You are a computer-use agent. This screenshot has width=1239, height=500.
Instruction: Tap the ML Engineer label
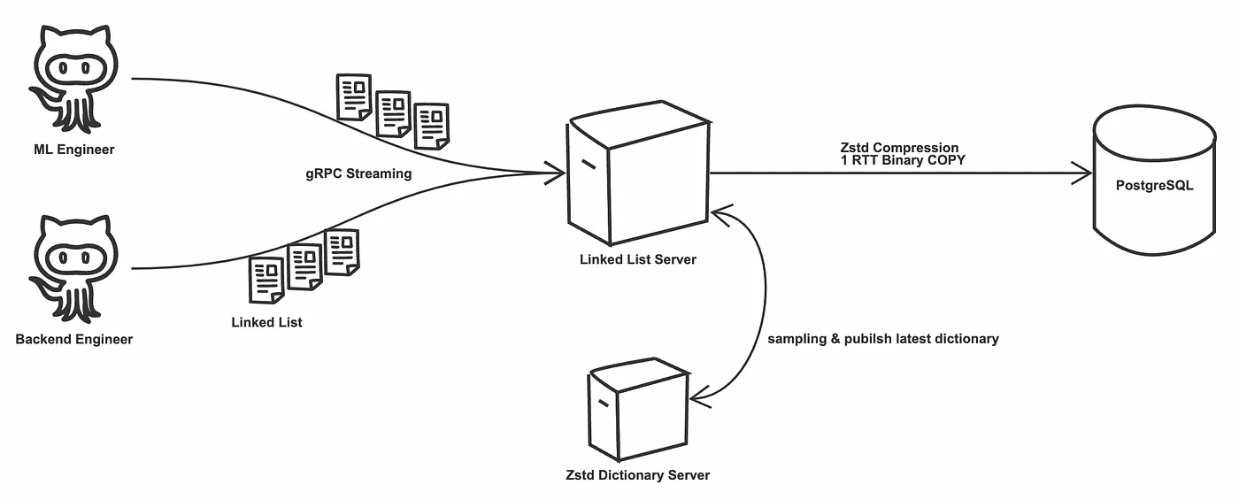74,149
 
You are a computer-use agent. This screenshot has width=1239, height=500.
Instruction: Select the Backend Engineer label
74,339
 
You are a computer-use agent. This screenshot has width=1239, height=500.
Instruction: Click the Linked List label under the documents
266,322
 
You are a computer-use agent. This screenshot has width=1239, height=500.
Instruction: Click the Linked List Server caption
637,259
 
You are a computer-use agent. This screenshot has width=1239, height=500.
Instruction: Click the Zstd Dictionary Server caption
637,475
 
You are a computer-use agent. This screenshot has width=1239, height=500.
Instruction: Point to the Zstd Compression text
899,148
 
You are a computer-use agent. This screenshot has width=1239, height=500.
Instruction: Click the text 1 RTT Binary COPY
903,160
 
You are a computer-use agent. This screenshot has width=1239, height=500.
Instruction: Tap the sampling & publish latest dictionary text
882,339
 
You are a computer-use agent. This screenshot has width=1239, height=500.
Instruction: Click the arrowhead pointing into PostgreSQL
1083,173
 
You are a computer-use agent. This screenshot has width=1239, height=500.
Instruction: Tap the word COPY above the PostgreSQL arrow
947,160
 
